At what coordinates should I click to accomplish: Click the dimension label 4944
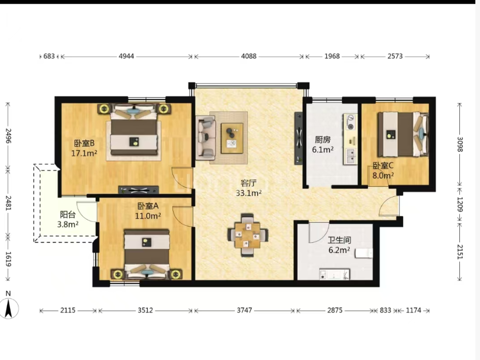(127, 56)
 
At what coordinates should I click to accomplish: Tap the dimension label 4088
(249, 56)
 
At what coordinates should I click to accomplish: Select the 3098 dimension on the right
(460, 144)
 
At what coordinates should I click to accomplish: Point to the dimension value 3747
(244, 310)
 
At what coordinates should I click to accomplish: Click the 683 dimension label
(49, 56)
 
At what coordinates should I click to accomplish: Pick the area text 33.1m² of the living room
(249, 193)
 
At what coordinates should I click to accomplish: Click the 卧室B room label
(84, 143)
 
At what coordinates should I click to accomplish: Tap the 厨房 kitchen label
(322, 140)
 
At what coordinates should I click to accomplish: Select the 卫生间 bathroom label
(339, 240)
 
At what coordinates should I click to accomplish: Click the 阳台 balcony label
(68, 214)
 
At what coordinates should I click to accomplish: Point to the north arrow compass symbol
(9, 308)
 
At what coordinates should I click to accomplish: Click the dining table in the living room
(247, 235)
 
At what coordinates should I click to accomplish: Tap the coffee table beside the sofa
(232, 138)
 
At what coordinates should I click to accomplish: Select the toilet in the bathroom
(364, 253)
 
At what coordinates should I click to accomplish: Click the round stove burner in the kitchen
(350, 118)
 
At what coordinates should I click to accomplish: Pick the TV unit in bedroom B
(138, 190)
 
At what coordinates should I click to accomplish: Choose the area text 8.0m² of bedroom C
(383, 176)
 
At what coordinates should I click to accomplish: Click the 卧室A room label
(148, 206)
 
